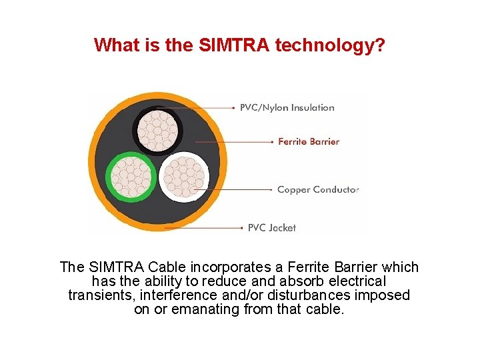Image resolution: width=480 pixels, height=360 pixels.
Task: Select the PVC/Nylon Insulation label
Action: coord(287,107)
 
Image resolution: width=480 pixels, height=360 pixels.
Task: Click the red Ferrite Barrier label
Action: coord(309,141)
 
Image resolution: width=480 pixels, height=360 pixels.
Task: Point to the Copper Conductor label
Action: coord(318,189)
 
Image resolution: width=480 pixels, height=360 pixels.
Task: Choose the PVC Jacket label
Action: coord(272,227)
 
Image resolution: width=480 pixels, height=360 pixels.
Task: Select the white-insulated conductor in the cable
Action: coord(183,177)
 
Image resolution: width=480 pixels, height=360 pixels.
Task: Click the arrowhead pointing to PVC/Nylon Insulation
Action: coord(233,107)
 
